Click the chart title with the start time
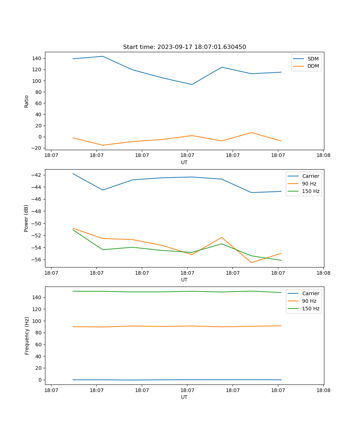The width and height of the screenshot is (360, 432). click(184, 47)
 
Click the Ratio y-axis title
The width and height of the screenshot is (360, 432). click(27, 101)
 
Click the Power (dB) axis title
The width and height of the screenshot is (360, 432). click(27, 218)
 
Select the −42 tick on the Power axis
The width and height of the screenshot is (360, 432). click(38, 175)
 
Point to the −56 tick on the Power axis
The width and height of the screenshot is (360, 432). click(38, 260)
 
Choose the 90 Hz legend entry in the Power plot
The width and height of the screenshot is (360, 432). click(309, 184)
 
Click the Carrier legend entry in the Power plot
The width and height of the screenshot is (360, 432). click(310, 176)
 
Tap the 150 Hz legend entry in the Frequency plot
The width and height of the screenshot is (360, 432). click(311, 309)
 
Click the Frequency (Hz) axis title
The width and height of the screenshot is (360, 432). click(27, 336)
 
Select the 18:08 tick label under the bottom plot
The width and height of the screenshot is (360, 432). click(323, 390)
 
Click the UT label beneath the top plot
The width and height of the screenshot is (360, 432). click(184, 162)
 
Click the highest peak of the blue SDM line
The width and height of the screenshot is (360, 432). click(103, 56)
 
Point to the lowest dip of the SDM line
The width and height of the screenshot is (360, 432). click(192, 85)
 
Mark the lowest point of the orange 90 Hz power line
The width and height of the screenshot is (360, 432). click(251, 262)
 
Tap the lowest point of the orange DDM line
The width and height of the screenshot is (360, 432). click(103, 145)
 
